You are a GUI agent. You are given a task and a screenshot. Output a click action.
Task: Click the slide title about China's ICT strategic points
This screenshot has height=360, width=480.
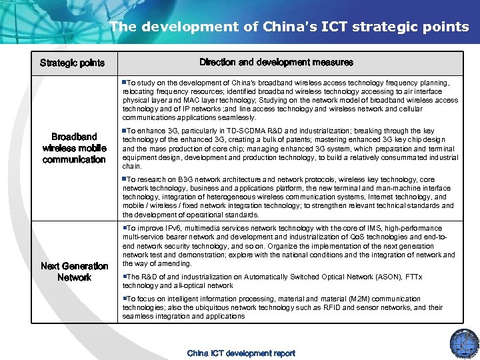289,27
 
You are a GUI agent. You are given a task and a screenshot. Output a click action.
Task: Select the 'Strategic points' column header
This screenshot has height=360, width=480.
72,63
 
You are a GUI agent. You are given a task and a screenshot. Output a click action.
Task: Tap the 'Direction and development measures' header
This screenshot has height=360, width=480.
276,62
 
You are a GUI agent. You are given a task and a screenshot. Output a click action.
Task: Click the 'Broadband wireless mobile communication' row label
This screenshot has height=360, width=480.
74,148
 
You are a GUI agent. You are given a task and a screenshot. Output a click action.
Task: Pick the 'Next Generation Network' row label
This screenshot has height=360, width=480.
74,271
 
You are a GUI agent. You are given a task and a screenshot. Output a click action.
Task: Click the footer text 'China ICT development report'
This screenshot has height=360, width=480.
241,353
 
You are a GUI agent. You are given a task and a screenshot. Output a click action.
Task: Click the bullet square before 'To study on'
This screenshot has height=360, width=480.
124,83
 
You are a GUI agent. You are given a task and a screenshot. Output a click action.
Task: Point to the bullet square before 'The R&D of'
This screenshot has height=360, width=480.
124,276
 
